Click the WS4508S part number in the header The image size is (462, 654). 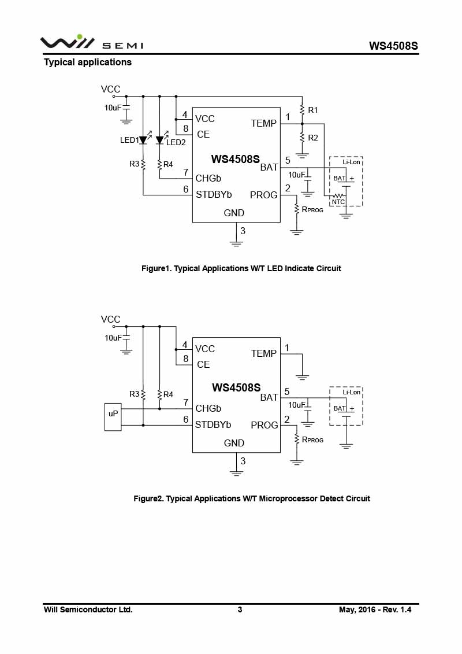(x=393, y=46)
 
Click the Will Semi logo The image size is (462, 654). (x=91, y=43)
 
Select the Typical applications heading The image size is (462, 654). (x=88, y=62)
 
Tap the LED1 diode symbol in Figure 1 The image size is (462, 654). (x=143, y=140)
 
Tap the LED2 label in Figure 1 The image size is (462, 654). (x=176, y=142)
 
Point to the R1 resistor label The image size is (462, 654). (x=313, y=110)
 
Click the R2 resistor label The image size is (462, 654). (x=313, y=138)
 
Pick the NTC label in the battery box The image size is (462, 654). (x=338, y=202)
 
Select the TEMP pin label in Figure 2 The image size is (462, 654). (x=264, y=353)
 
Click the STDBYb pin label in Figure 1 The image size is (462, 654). (x=214, y=194)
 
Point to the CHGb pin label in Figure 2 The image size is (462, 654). (x=208, y=408)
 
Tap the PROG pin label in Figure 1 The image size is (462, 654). (x=264, y=195)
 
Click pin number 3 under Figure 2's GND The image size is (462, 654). (x=243, y=461)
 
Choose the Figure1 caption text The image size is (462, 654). (x=241, y=268)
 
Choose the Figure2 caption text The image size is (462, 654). (x=252, y=498)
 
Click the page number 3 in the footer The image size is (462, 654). (x=240, y=609)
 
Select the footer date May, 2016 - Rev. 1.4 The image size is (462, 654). (x=375, y=609)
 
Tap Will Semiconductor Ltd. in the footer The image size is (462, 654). (x=88, y=609)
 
